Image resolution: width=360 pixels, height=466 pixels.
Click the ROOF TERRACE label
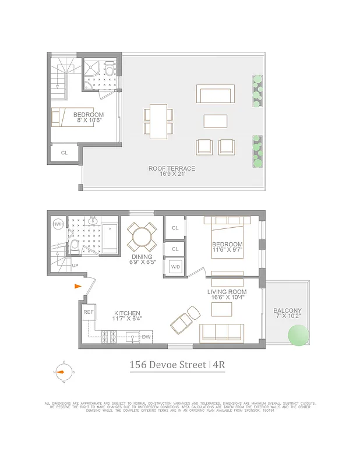click(x=171, y=168)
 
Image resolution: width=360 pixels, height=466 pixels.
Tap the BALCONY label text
click(x=288, y=310)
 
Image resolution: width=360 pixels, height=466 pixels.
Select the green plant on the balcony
click(x=298, y=336)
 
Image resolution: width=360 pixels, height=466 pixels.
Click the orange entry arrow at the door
click(x=78, y=286)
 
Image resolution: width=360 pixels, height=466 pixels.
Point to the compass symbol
click(x=64, y=372)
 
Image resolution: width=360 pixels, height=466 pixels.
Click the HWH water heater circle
click(x=58, y=225)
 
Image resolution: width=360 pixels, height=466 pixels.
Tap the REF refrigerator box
click(x=89, y=312)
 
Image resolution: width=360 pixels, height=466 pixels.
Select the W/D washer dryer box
click(x=175, y=267)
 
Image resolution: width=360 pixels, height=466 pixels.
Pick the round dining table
click(x=142, y=237)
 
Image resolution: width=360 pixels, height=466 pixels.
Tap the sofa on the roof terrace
click(x=216, y=94)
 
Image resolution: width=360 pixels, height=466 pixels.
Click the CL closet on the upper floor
click(x=64, y=153)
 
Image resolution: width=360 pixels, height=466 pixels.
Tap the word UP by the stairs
click(x=75, y=265)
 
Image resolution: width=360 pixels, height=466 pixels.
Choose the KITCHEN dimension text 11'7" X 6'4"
click(x=127, y=319)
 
